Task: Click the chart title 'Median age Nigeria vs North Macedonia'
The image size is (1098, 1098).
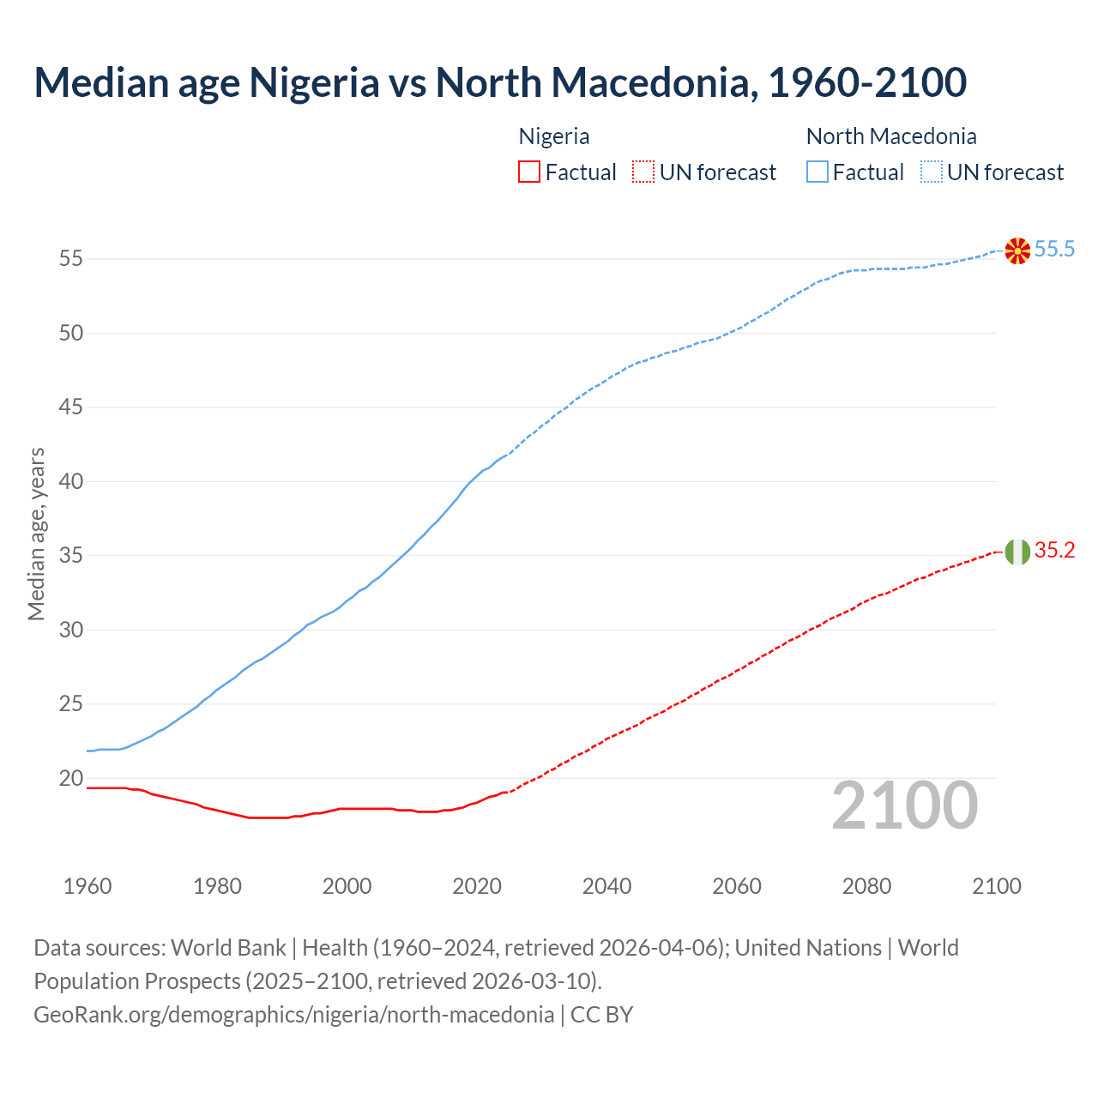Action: [500, 82]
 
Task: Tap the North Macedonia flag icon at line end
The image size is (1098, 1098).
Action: [1017, 250]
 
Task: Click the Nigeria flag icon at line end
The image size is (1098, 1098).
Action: [1017, 552]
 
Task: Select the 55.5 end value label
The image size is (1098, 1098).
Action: [1054, 250]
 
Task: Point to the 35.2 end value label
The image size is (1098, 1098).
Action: [1054, 551]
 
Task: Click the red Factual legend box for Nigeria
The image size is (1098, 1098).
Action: [529, 172]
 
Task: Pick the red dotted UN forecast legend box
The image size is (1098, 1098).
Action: [643, 172]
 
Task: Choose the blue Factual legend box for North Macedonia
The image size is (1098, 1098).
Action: [817, 172]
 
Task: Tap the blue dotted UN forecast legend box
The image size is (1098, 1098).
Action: [931, 172]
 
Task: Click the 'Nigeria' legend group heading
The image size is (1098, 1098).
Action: [554, 136]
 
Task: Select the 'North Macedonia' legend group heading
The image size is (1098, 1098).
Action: [891, 136]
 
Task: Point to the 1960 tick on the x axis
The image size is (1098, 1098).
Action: [87, 886]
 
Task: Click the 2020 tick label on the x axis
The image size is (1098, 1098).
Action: [477, 886]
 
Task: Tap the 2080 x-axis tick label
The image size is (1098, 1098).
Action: [866, 886]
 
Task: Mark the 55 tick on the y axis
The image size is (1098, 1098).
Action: [70, 259]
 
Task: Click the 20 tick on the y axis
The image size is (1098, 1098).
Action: [70, 779]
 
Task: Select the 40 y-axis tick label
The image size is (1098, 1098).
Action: [70, 482]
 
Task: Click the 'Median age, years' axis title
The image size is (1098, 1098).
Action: [36, 534]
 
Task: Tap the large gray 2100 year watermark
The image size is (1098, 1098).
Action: [905, 805]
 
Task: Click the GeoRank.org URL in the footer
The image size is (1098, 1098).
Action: [293, 1015]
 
